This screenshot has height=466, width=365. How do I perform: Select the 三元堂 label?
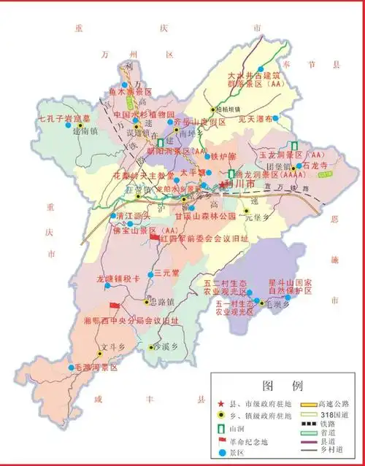coord(167,273)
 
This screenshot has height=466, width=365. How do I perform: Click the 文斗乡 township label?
coord(109,346)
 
